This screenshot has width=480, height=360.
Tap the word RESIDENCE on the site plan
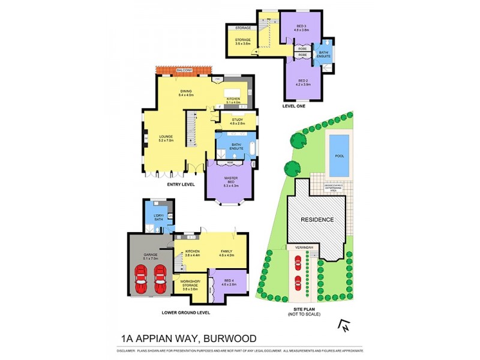[317, 220]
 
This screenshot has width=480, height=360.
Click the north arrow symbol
[344, 325]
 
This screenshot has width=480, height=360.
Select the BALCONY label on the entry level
[184, 71]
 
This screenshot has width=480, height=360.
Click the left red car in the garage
[142, 280]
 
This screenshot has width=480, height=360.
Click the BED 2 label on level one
[302, 82]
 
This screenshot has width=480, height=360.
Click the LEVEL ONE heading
[294, 106]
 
